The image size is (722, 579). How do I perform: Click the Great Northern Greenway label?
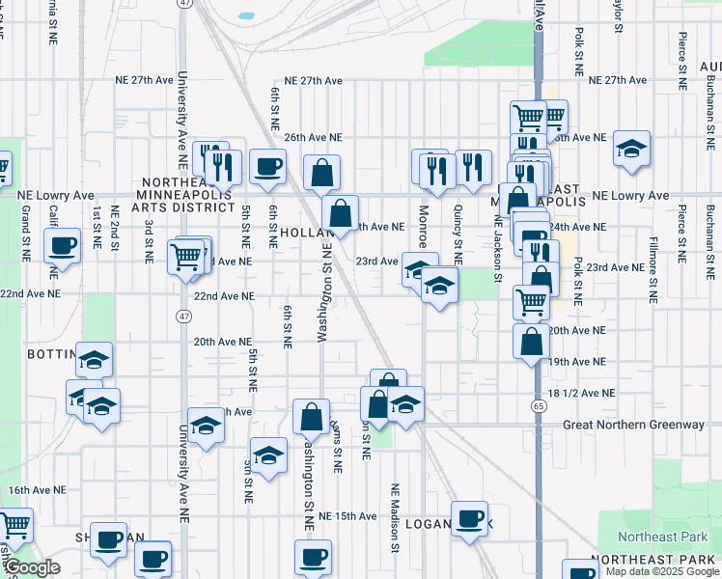pos(634,425)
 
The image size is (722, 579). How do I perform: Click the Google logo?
pos(32,568)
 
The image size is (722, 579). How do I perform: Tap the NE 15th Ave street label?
pos(341,516)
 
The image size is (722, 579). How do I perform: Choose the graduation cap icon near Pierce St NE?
pos(631,149)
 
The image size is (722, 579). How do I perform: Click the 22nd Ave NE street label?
pos(224,297)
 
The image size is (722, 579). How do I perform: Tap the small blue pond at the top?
pos(244,16)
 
